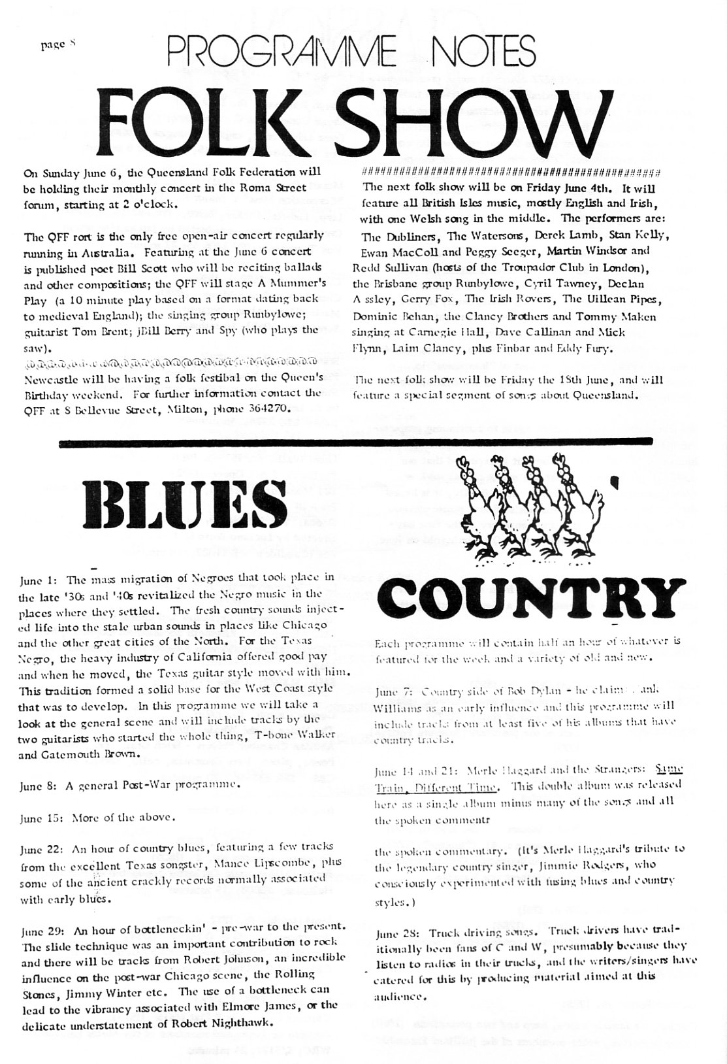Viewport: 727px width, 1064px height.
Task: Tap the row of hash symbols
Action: (509, 171)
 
